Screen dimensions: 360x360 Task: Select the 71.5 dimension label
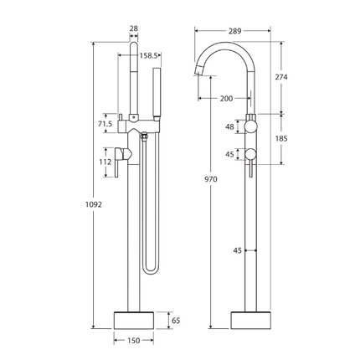105,123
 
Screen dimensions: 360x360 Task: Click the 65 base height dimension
175,320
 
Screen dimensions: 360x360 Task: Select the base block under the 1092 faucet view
134,320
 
